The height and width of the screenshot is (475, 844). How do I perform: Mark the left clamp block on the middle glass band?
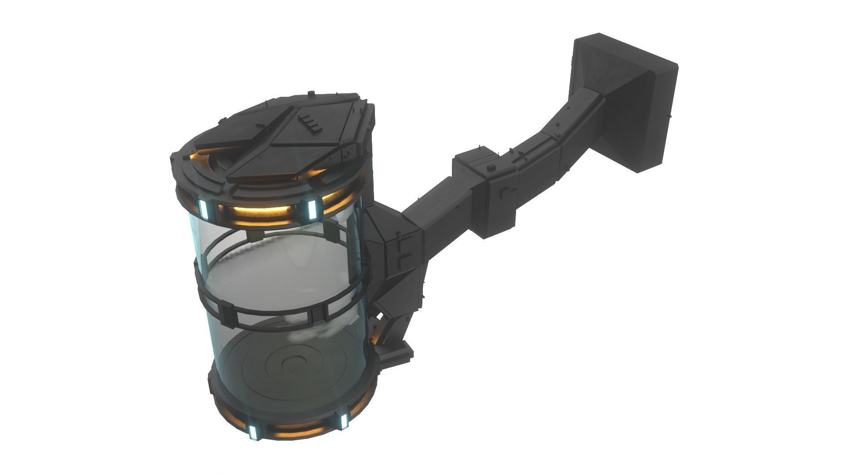pyautogui.click(x=228, y=313)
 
